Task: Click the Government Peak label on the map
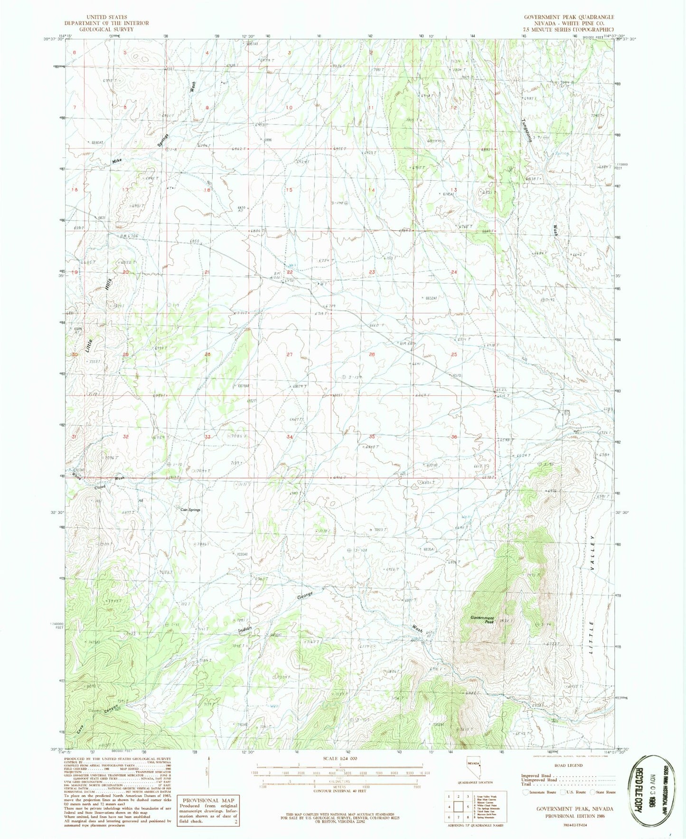(x=482, y=620)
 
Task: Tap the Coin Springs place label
(x=190, y=510)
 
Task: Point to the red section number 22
(x=290, y=272)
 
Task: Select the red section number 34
(x=290, y=437)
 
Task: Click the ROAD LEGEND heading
(x=568, y=766)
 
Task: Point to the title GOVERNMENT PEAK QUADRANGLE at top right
(x=569, y=17)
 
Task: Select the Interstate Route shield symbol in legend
(x=525, y=792)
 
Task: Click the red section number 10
(x=289, y=107)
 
